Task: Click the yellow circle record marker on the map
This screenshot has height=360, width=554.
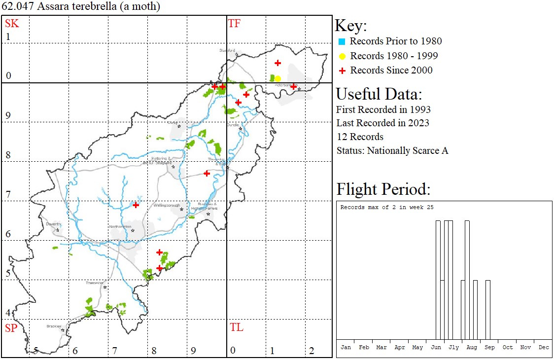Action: [x=277, y=78]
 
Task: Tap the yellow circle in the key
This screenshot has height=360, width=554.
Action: [x=342, y=56]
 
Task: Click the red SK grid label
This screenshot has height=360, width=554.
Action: [x=12, y=23]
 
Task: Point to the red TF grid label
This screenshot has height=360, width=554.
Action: [x=234, y=23]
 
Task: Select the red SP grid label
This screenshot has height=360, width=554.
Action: [x=11, y=328]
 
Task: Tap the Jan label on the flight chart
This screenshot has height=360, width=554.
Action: [x=346, y=347]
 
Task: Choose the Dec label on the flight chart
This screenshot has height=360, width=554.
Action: [x=544, y=347]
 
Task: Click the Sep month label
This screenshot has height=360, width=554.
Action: [x=489, y=347]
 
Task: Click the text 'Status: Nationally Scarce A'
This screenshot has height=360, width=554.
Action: [x=392, y=151]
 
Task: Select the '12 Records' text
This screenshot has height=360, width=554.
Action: [x=360, y=137]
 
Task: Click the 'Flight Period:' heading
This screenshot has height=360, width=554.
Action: [x=383, y=189]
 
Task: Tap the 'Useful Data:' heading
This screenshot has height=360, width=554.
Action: [x=379, y=94]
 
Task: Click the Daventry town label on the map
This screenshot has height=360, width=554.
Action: [x=53, y=224]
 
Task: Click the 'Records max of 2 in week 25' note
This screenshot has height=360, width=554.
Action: [x=387, y=207]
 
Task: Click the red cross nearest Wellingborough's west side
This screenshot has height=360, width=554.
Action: [x=136, y=205]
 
